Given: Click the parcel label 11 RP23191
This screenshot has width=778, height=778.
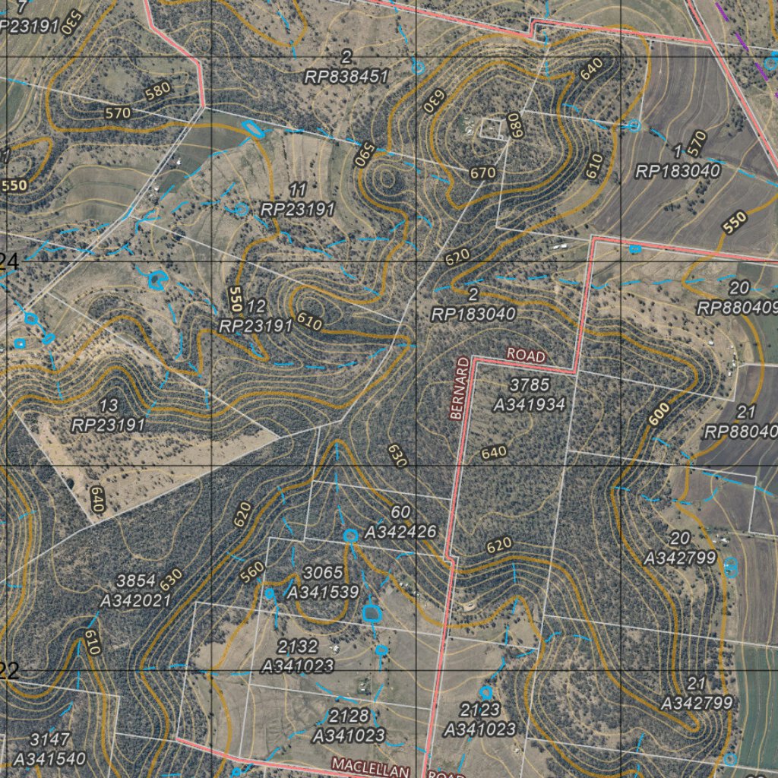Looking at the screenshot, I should (x=297, y=200).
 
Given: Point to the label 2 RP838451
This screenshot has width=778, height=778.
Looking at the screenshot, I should (x=346, y=67).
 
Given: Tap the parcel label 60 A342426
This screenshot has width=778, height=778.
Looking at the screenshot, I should (x=400, y=522).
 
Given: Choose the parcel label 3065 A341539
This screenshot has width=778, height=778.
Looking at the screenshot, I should (x=322, y=582).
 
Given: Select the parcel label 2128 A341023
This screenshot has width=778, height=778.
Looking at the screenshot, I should (x=349, y=726).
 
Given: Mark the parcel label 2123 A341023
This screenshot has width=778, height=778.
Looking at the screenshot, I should (x=479, y=719).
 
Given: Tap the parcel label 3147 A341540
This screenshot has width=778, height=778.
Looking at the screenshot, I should (x=49, y=748).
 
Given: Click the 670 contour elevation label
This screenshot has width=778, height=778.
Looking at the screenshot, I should (x=482, y=172).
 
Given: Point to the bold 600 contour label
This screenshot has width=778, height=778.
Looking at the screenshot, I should (x=659, y=413).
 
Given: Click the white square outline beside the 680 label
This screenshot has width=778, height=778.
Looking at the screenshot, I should (x=492, y=128).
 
